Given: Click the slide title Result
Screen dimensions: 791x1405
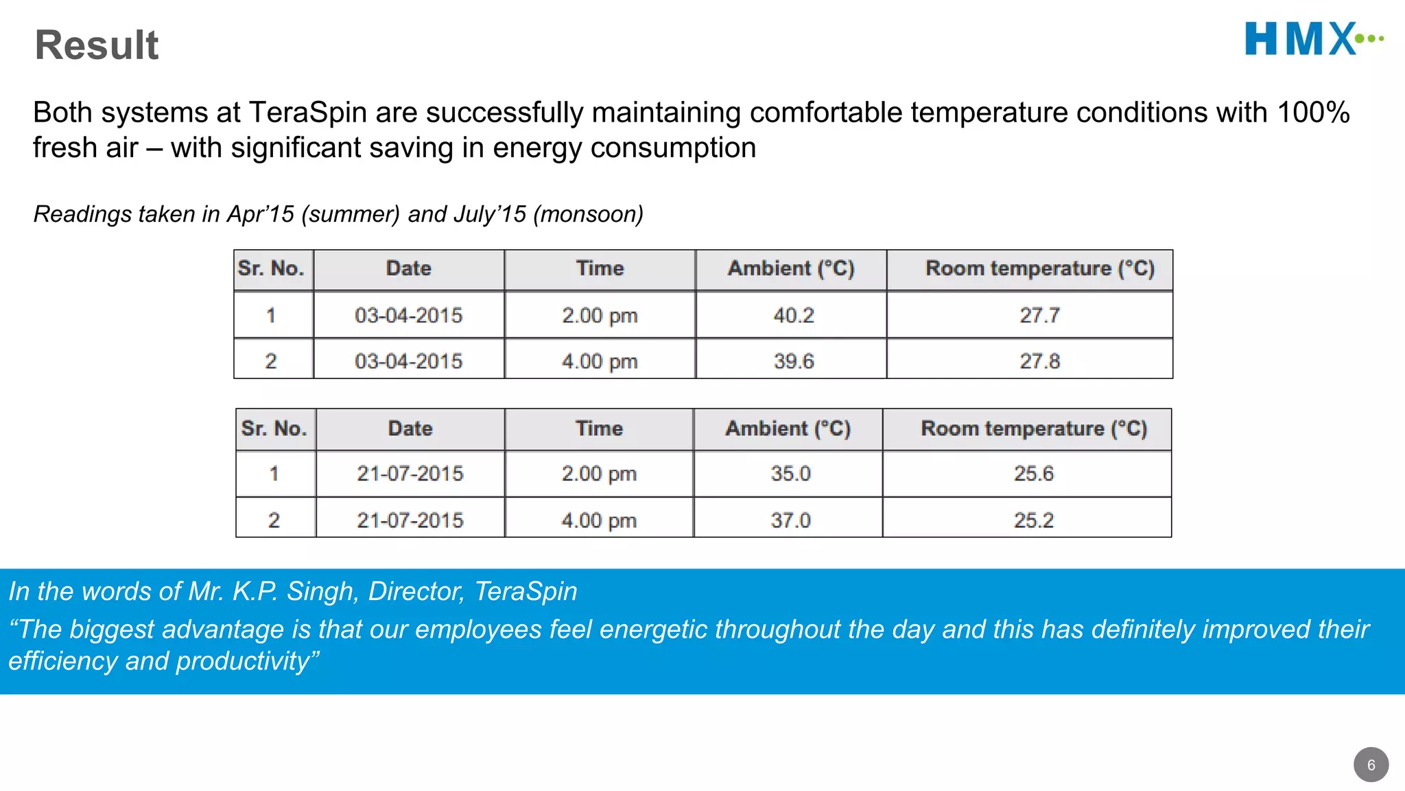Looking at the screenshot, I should pos(97,45).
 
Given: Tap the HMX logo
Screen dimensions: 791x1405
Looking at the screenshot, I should pos(1313,38).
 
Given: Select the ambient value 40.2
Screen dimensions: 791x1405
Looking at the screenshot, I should pos(794,315).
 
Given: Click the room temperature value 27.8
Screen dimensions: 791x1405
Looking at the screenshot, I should pos(1039,361).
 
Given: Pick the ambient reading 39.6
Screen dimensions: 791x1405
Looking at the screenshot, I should pos(794,361).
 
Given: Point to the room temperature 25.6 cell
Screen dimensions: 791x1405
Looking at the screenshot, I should pos(1033,473).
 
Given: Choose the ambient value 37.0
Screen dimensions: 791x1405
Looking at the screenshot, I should pos(790,520).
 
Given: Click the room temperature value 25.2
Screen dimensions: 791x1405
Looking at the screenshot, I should pos(1033,520).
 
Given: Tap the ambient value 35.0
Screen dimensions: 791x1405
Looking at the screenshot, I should pos(790,473).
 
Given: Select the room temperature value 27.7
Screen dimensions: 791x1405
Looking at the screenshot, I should pos(1039,315).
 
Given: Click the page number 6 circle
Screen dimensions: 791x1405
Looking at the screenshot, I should pos(1371,765).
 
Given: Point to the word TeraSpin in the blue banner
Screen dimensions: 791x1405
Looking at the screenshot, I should pos(526,591).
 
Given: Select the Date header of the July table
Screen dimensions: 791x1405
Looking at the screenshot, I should pos(410,428).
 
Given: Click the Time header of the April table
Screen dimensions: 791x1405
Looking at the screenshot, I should pos(600,268).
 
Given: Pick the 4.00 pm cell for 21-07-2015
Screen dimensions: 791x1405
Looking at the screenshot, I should pos(599,520).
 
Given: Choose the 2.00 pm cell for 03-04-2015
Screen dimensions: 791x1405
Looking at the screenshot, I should pos(600,315).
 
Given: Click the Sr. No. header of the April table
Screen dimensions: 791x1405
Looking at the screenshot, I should pos(271,268).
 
